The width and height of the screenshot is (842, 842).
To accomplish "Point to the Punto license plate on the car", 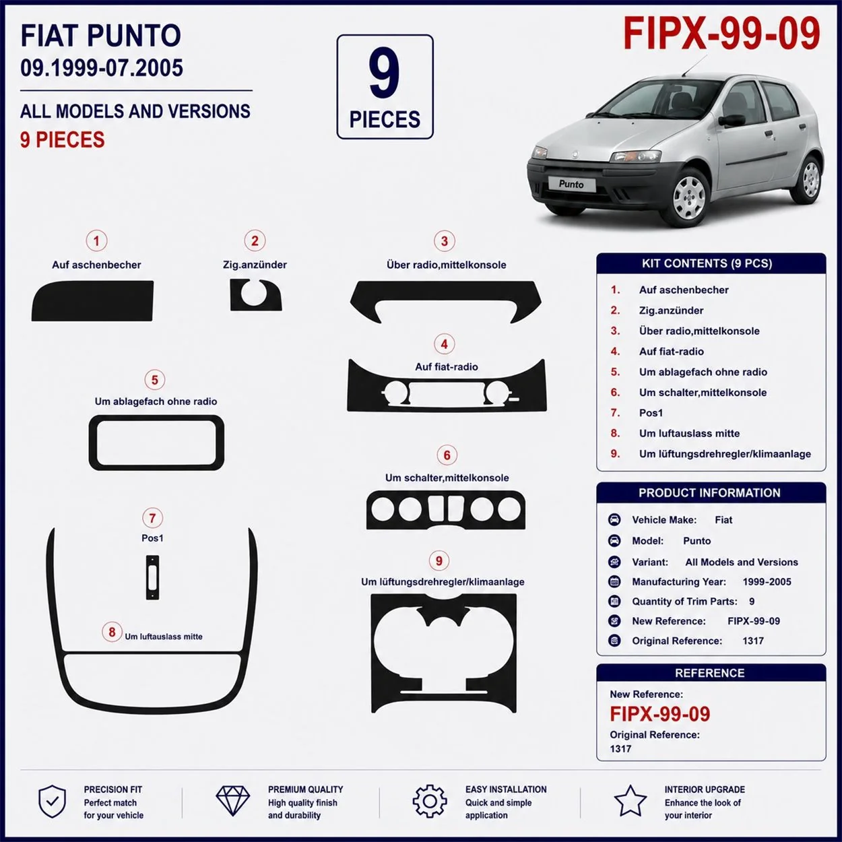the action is (571, 184).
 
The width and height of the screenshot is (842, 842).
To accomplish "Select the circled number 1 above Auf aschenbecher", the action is (96, 240).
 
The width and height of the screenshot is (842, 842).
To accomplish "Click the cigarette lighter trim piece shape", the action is (255, 295).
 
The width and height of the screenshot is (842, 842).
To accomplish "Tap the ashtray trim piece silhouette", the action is (93, 300).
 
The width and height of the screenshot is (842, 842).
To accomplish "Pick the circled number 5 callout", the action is (155, 380).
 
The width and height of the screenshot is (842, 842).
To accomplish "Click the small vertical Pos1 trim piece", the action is (152, 577).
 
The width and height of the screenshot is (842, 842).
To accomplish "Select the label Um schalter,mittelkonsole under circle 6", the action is (447, 478).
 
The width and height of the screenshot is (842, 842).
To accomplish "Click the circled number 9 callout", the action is (439, 560).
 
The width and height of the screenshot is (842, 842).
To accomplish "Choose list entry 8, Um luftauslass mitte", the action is (689, 433).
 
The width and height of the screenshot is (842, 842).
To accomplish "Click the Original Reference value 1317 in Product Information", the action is (753, 641).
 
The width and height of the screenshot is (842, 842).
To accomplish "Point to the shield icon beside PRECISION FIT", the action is (52, 802).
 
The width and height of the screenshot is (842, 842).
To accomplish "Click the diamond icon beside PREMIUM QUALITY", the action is (233, 802).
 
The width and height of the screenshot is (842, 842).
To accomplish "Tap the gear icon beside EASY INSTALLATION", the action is (430, 801).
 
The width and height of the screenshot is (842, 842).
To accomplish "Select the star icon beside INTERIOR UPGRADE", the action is (630, 801).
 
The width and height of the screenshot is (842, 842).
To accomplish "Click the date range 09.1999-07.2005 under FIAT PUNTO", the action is (101, 68).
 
